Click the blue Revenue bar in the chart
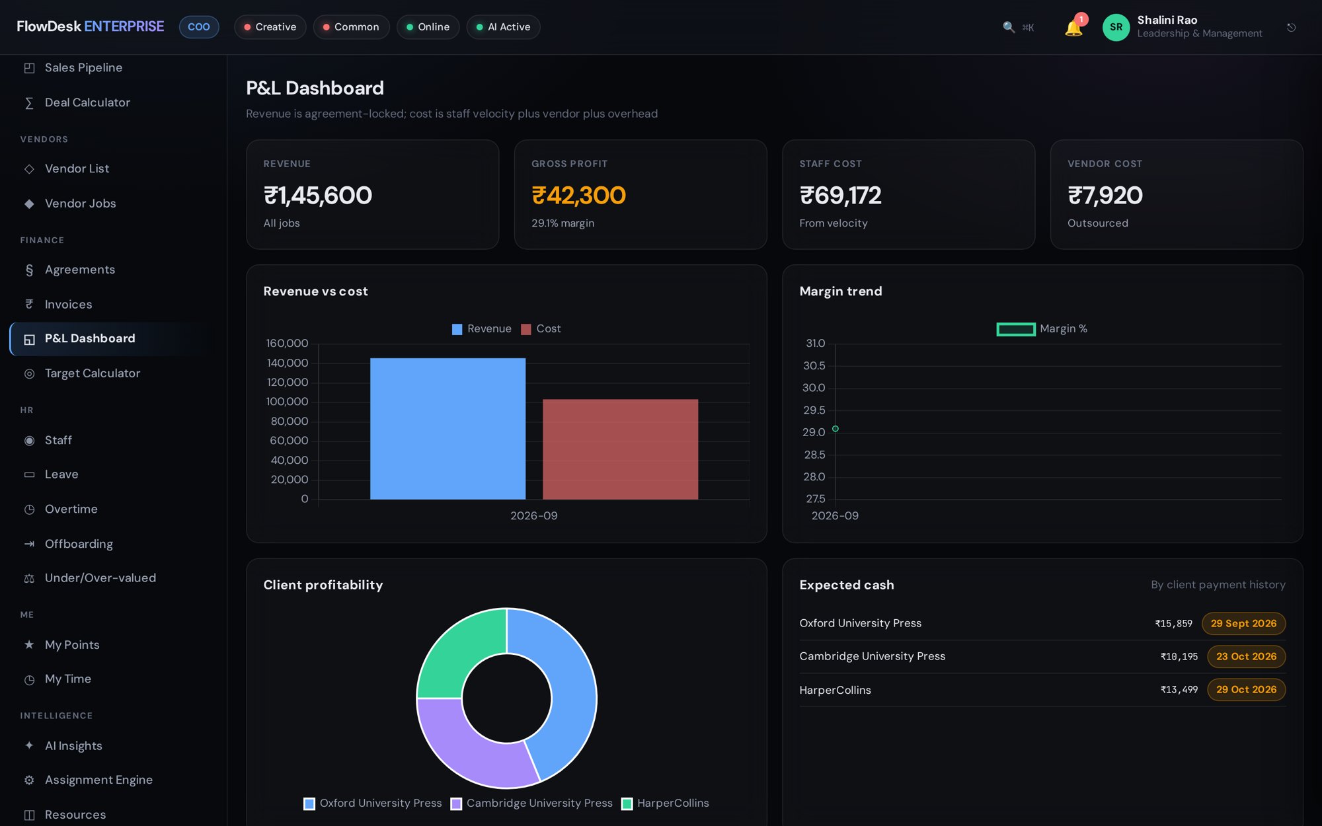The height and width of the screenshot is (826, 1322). (x=447, y=428)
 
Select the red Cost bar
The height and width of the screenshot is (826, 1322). (x=620, y=449)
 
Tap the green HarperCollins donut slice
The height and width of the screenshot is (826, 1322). (x=461, y=653)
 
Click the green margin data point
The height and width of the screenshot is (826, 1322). (x=836, y=429)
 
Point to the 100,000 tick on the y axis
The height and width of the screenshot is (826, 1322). (x=287, y=402)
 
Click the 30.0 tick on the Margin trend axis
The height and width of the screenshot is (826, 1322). (x=814, y=388)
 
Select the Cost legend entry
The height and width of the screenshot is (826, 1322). (x=541, y=329)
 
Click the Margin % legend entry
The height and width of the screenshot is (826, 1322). (x=1042, y=329)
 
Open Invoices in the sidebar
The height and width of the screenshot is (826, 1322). (x=68, y=304)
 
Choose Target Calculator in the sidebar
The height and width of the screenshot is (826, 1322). (x=92, y=373)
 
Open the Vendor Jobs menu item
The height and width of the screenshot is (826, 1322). (x=80, y=204)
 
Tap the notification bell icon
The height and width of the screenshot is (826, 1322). (x=1073, y=28)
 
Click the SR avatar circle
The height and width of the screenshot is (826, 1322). (x=1116, y=27)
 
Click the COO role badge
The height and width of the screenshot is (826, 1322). (x=199, y=27)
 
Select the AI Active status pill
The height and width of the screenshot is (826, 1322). (x=504, y=27)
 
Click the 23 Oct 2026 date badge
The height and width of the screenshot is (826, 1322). (x=1246, y=656)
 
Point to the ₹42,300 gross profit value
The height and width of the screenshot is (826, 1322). (x=578, y=196)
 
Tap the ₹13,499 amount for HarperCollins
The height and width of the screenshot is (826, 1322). (x=1179, y=690)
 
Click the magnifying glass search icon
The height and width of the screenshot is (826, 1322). (x=1009, y=27)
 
